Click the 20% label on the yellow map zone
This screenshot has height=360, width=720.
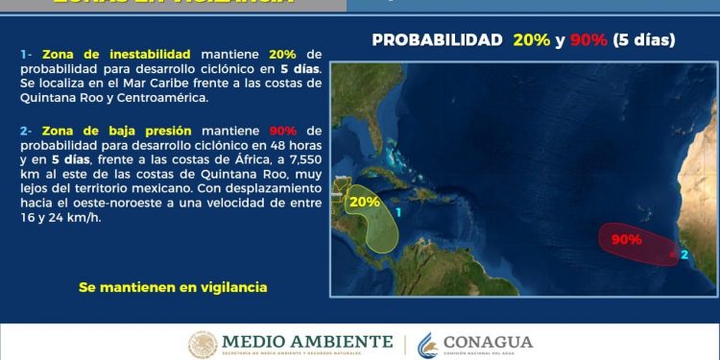365,203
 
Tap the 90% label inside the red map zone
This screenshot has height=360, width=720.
626,239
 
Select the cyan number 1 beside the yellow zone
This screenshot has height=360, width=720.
397,209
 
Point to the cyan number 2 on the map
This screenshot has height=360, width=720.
684,254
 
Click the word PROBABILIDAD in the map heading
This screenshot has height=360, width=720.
437,40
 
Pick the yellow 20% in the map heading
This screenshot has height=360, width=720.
532,40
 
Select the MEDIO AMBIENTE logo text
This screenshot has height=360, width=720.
307,341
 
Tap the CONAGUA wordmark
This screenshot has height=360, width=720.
488,342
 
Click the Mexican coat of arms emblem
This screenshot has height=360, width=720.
203,345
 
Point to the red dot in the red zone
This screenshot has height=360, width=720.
673,255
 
